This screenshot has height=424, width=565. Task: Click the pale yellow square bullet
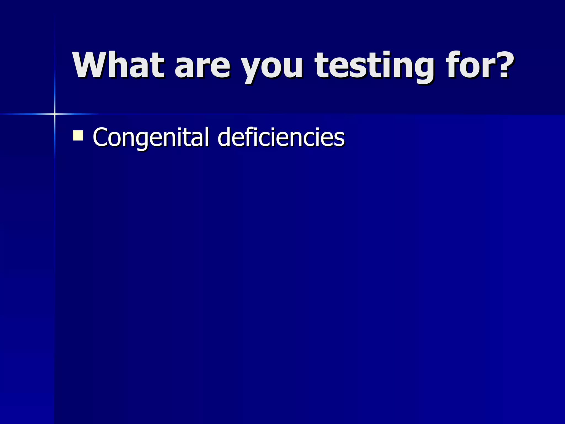pos(78,136)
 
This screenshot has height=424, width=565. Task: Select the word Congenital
pos(151,137)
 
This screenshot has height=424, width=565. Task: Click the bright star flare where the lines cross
pos(55,114)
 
